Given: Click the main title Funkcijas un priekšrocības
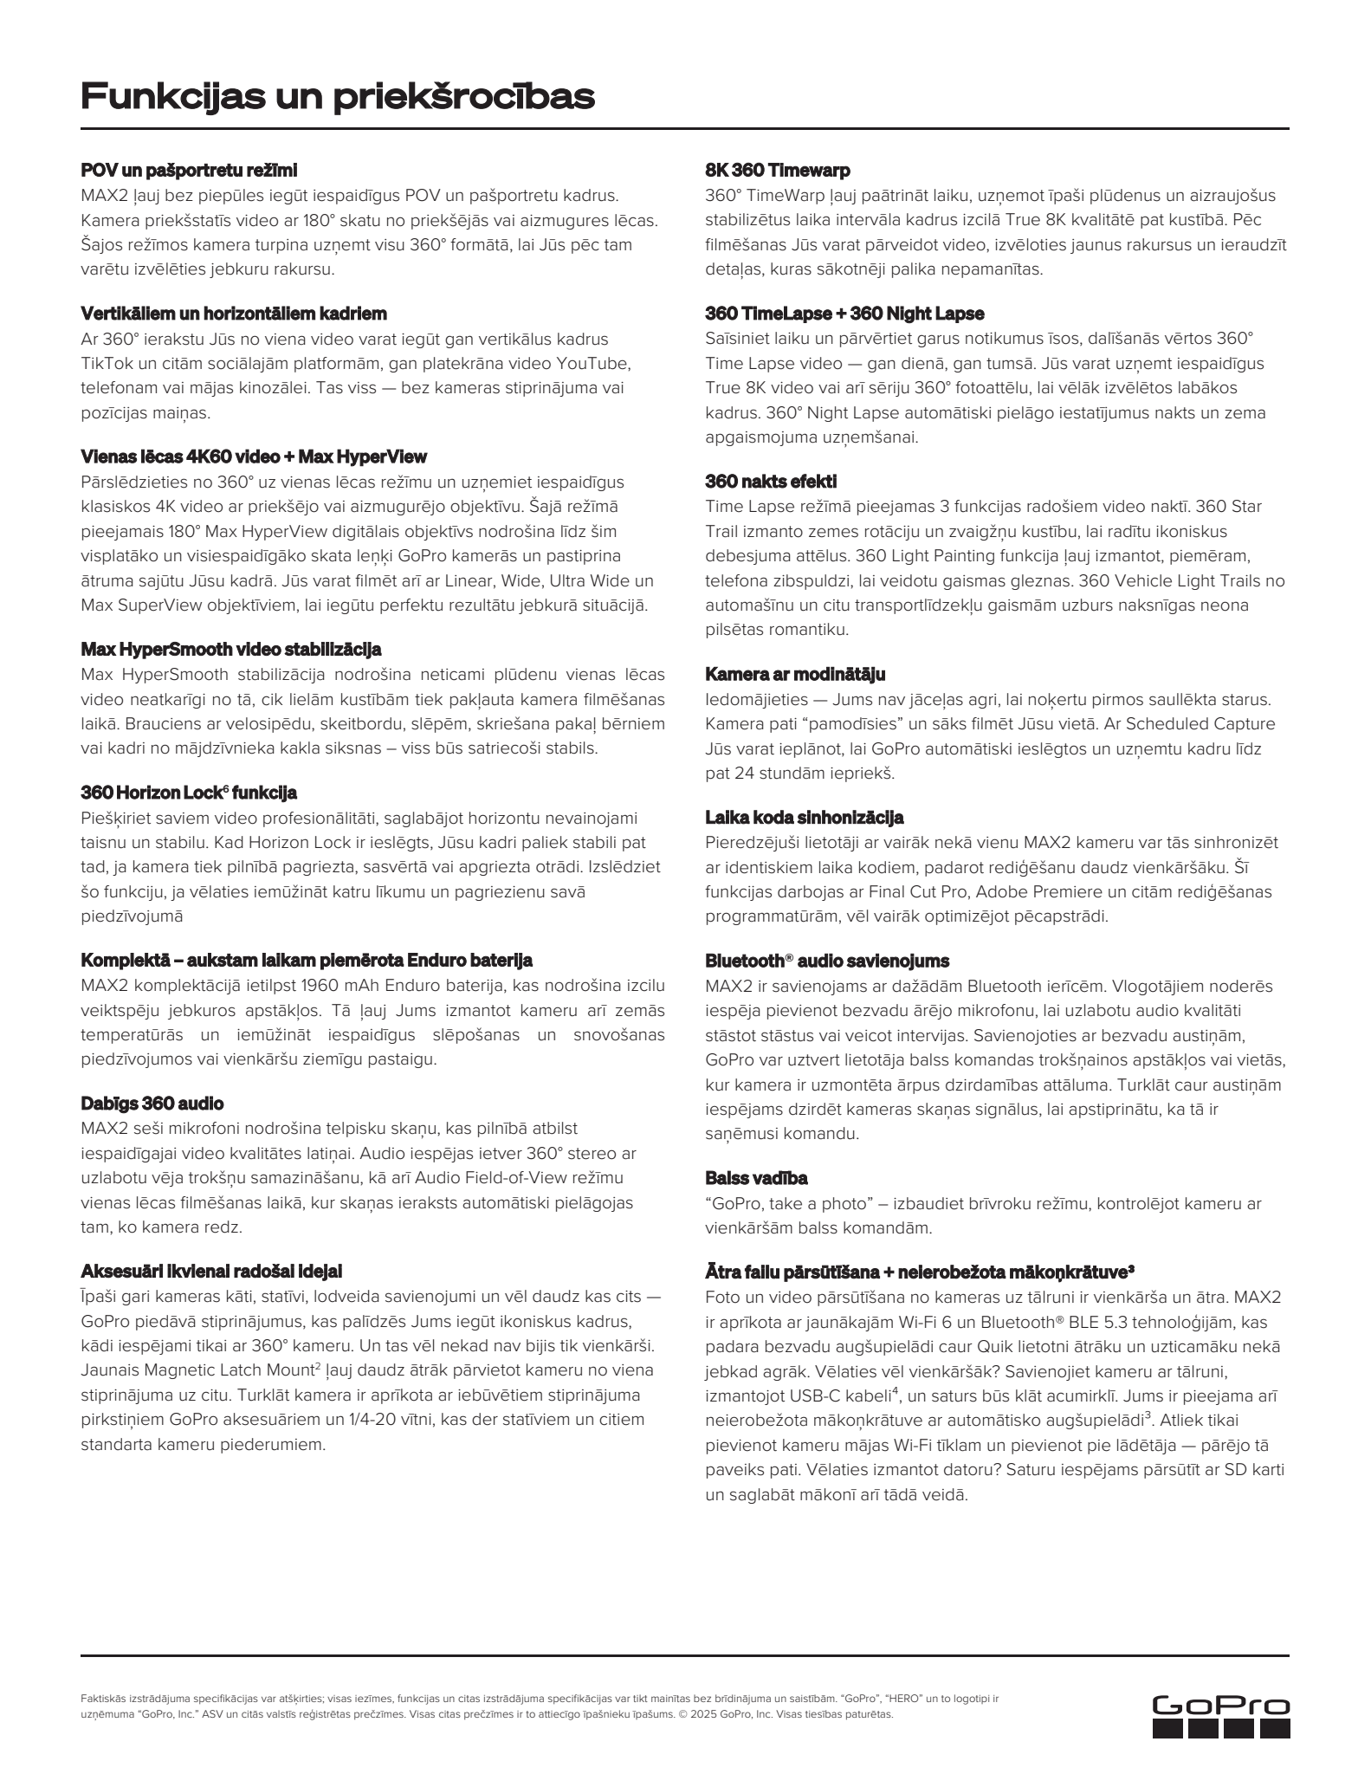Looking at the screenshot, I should pos(338,96).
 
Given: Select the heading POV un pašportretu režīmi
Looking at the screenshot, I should pos(189,170).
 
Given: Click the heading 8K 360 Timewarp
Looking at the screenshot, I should pos(778,170).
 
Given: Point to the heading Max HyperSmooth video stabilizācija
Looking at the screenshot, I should pos(231,649).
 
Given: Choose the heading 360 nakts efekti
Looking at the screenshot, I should pos(771,481).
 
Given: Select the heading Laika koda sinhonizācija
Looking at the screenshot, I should pos(805,817).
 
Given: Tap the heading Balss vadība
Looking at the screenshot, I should pos(756,1178).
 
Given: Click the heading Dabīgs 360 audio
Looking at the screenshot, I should pos(152,1103).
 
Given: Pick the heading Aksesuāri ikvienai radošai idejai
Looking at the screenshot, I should pos(211,1271).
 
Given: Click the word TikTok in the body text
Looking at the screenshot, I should pos(106,363).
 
